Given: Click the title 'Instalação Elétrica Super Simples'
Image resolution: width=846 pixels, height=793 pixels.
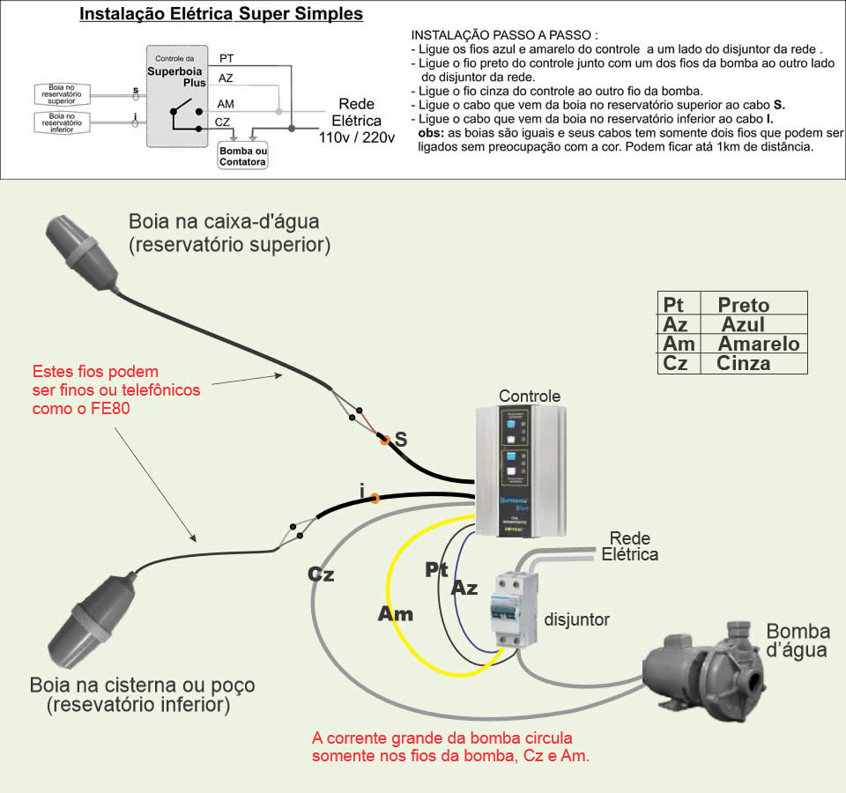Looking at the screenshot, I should tap(220, 15).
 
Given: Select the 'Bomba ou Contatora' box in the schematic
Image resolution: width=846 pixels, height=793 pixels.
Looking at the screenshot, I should tap(242, 156).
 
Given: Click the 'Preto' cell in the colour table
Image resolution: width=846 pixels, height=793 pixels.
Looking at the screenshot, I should tap(743, 305).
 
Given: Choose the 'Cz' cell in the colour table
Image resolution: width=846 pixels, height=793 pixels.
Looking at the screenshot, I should tap(676, 363).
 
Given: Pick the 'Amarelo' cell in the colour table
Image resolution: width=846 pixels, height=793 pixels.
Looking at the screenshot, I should tap(758, 344).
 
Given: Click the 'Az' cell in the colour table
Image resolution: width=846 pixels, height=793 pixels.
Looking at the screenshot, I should tap(676, 324).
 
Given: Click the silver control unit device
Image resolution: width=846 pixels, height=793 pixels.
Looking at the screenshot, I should tap(519, 471).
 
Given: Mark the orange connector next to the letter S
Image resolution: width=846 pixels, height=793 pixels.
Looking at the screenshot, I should tap(383, 439).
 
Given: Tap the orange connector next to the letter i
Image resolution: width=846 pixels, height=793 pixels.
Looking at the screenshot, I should tap(375, 499).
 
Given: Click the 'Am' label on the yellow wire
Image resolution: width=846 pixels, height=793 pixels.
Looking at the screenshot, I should tap(396, 614).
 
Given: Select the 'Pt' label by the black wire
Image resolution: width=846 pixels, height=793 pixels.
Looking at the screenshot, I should tap(437, 569).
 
